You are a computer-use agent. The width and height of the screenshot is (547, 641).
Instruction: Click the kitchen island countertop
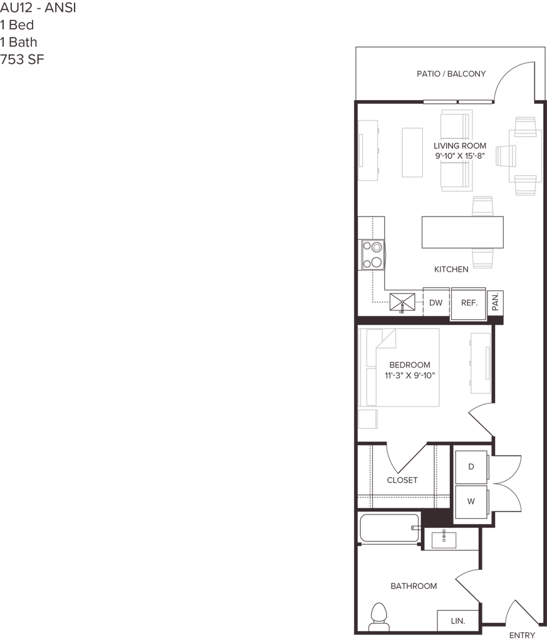click(x=462, y=232)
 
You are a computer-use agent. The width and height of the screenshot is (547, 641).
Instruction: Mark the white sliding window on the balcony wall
click(x=457, y=101)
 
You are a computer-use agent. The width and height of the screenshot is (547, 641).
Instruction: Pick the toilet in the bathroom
click(x=378, y=615)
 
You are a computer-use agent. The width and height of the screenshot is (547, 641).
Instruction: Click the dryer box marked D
click(x=471, y=466)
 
